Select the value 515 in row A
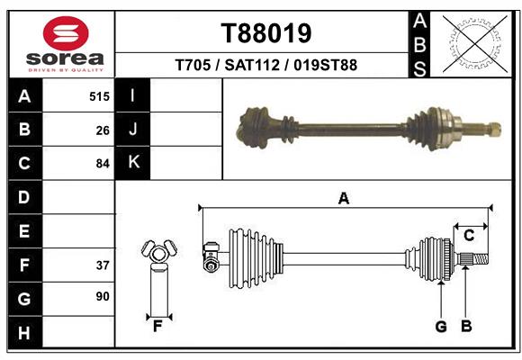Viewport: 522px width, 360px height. (99, 96)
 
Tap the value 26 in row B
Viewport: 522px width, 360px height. (103, 130)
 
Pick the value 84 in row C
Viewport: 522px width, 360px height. (103, 164)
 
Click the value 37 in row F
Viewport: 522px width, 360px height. (103, 265)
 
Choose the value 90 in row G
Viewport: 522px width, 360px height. (103, 295)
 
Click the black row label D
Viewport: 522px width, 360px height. (23, 197)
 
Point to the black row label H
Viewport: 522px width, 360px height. (23, 333)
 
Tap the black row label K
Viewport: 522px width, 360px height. (133, 163)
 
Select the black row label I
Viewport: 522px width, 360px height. (133, 95)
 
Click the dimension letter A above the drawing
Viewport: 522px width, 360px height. (343, 199)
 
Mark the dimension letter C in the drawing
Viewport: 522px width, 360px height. (469, 236)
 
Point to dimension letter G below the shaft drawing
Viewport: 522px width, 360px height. (441, 327)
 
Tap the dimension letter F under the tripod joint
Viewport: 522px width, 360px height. (157, 326)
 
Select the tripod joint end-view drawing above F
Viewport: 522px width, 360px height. (157, 253)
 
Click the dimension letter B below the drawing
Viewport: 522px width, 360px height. (466, 327)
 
